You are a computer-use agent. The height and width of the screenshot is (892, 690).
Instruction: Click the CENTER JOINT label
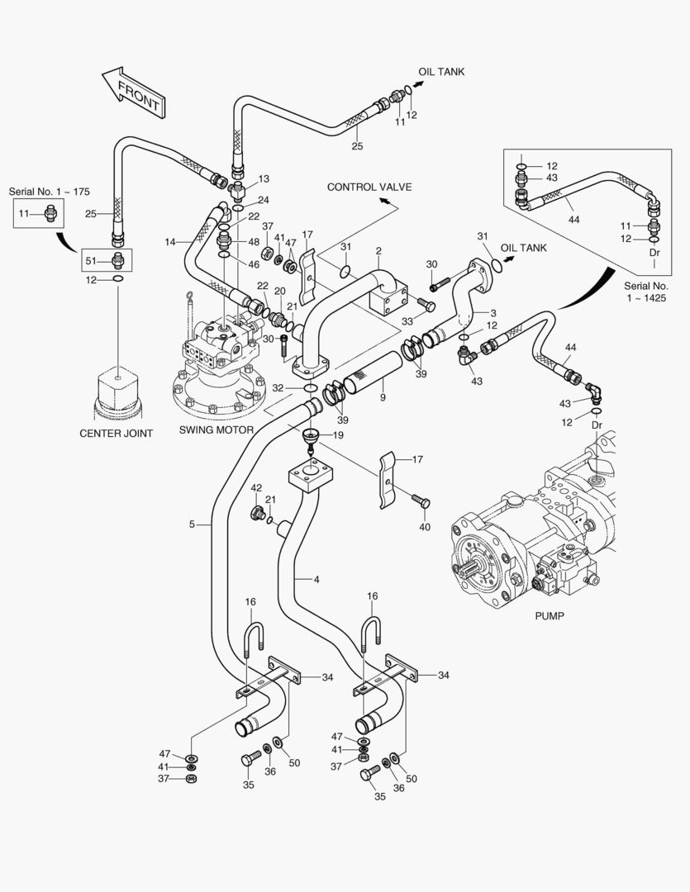[116, 434]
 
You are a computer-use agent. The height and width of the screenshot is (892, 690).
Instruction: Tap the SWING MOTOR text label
[217, 430]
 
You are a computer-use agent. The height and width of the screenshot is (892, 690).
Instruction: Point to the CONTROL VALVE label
[369, 187]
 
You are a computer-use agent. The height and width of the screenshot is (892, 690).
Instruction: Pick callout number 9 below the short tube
[383, 398]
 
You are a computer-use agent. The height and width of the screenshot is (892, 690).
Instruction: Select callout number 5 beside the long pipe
[192, 524]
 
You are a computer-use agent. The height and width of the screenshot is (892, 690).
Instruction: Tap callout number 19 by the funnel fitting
[339, 434]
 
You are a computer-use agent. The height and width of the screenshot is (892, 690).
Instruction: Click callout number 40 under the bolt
[425, 527]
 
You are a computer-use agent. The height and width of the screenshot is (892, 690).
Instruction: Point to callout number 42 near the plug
[256, 488]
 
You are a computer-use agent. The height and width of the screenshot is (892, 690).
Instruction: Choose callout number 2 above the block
[378, 251]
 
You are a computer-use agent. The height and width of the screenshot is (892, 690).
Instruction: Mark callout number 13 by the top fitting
[264, 178]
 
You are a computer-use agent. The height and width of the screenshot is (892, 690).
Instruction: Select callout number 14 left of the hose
[169, 241]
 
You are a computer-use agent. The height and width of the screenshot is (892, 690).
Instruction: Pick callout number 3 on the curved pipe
[493, 313]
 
